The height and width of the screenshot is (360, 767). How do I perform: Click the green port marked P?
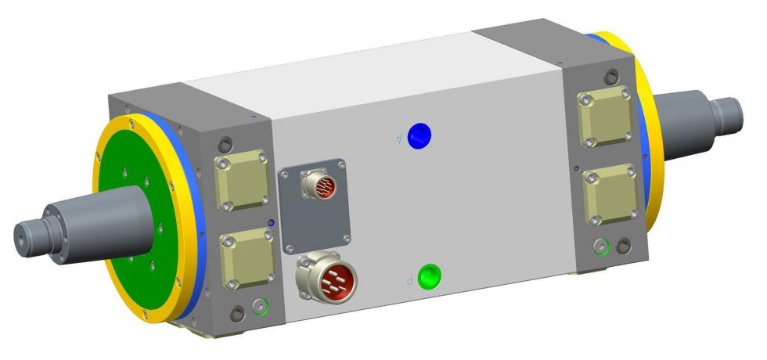click(x=430, y=277)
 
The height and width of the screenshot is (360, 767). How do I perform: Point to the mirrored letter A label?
click(x=399, y=139)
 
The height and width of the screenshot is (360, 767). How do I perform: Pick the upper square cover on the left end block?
click(x=243, y=180)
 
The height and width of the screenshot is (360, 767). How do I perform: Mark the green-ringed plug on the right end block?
click(x=601, y=247)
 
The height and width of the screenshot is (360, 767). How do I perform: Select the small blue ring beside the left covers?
click(x=272, y=223)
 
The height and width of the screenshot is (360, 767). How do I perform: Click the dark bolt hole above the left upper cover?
click(x=226, y=145)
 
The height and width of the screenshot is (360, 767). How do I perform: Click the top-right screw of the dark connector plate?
click(x=342, y=164)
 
